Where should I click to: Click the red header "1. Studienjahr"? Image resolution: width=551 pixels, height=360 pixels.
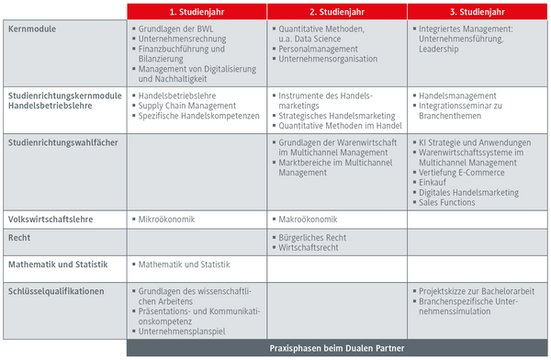pos(197,11)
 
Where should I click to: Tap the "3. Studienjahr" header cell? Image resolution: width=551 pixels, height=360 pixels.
pos(478,11)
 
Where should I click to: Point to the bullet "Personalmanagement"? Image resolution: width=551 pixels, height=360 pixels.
pos(320,50)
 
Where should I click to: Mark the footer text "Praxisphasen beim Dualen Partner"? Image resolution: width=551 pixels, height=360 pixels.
pos(337,349)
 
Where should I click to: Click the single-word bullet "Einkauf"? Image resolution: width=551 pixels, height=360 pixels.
pos(434,182)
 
